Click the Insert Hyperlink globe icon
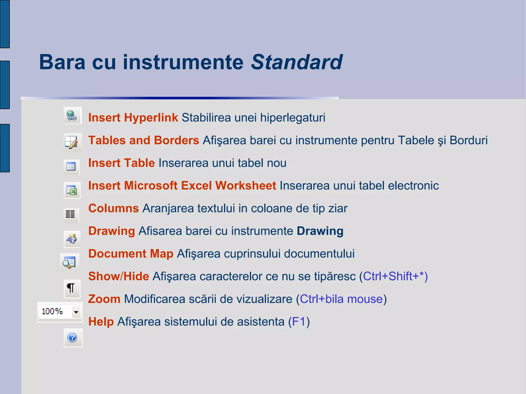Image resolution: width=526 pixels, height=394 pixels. coord(72,115)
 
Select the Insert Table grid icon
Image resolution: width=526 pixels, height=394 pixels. coord(71,167)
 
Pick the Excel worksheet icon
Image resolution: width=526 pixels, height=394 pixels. coord(72,190)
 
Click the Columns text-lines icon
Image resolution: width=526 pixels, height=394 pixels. coord(70,214)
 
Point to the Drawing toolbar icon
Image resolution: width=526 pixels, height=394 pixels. coord(72,239)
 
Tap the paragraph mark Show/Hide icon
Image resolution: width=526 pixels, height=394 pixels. coord(71,288)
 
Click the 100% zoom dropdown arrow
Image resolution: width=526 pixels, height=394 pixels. coord(76,312)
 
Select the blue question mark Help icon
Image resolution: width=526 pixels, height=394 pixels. coord(73,338)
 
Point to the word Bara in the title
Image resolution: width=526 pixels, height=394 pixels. coord(62,62)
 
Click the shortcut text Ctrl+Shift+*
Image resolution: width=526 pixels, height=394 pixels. coord(395,276)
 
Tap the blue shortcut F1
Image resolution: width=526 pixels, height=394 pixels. coord(299,322)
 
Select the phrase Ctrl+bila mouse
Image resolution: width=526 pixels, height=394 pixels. coord(341,299)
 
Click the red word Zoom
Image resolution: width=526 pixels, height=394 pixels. coord(104,299)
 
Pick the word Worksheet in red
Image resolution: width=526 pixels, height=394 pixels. coord(246,186)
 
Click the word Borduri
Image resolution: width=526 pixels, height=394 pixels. coord(468,140)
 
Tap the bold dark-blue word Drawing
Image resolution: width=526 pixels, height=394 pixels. coord(320,231)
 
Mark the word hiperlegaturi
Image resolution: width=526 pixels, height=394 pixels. coord(293,118)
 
